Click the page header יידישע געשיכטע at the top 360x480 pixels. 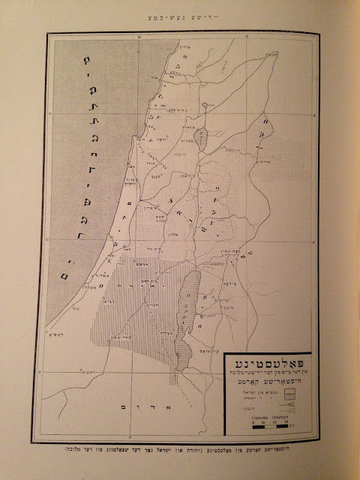[x=180, y=16]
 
